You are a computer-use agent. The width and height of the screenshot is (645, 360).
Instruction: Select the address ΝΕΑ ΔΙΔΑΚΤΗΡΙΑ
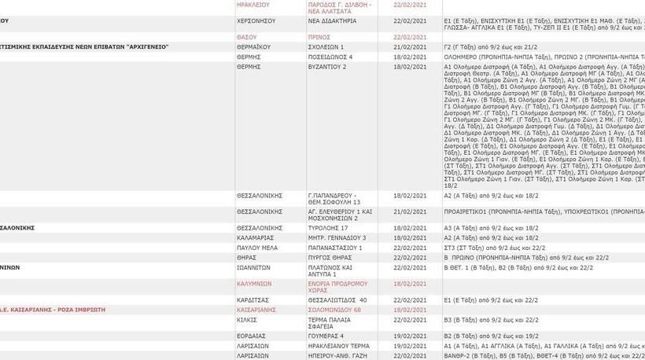pos(331,21)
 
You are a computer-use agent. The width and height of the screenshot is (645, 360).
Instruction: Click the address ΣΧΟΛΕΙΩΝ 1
pos(326,47)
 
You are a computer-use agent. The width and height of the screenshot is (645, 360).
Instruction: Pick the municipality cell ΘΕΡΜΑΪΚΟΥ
pos(253,47)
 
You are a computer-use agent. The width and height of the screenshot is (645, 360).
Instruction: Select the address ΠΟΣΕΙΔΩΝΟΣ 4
pos(330,57)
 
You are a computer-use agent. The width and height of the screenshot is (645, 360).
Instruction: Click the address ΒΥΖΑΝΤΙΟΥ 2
pos(327,68)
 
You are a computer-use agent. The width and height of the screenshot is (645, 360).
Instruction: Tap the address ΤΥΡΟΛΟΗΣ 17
pos(328,228)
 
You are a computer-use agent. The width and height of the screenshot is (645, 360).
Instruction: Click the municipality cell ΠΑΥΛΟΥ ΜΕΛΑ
pos(256,248)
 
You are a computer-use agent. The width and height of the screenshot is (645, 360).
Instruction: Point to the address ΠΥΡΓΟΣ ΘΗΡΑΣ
pos(330,258)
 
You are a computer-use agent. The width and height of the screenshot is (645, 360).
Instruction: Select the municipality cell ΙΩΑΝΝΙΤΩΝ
pos(254,268)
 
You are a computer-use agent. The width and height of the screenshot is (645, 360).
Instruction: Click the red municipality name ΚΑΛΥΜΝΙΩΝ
pos(254,284)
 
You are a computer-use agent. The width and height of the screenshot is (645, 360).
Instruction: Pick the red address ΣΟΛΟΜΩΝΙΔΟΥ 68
pos(334,310)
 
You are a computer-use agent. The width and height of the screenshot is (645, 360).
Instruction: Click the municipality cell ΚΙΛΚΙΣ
pos(247,320)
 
